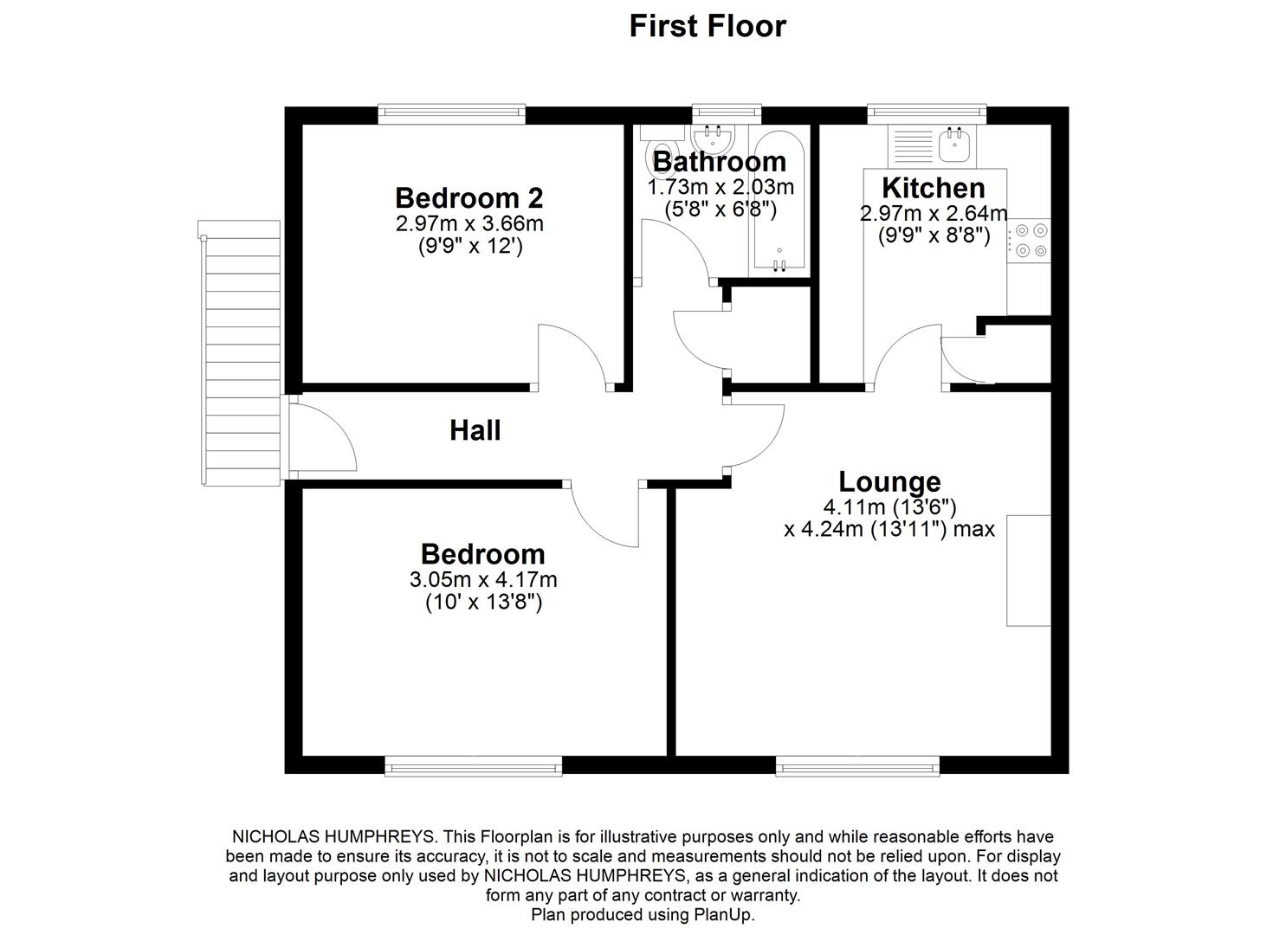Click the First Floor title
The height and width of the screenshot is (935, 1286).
click(707, 26)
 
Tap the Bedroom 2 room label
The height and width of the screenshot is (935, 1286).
click(469, 197)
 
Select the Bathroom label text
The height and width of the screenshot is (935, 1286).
click(719, 161)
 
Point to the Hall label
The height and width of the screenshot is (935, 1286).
click(475, 430)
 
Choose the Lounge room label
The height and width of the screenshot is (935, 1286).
click(889, 481)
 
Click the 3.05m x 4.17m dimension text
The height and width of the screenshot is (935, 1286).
click(482, 579)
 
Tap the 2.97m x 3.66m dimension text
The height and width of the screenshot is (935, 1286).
click(469, 223)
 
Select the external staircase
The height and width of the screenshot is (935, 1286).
click(240, 355)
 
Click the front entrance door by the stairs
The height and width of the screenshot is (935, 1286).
click(320, 437)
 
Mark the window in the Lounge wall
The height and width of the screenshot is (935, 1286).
click(857, 764)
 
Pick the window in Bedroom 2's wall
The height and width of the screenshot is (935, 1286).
click(451, 113)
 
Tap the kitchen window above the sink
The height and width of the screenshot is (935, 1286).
click(927, 113)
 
